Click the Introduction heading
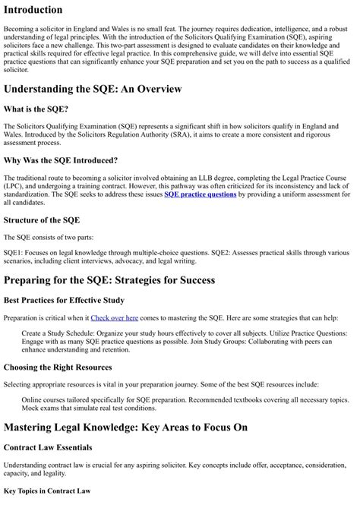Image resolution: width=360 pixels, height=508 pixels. click(33, 10)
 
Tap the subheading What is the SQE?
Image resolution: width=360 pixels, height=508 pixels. click(37, 109)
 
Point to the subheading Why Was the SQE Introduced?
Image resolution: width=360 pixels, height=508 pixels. click(61, 160)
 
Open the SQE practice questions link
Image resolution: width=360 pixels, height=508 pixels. click(201, 194)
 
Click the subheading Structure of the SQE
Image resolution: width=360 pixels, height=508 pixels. click(42, 220)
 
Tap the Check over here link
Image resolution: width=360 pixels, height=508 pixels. click(114, 317)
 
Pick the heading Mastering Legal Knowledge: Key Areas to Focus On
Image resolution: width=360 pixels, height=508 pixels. click(126, 428)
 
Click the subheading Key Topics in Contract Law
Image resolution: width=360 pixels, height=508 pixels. click(47, 491)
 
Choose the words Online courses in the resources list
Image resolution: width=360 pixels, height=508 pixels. click(46, 399)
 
